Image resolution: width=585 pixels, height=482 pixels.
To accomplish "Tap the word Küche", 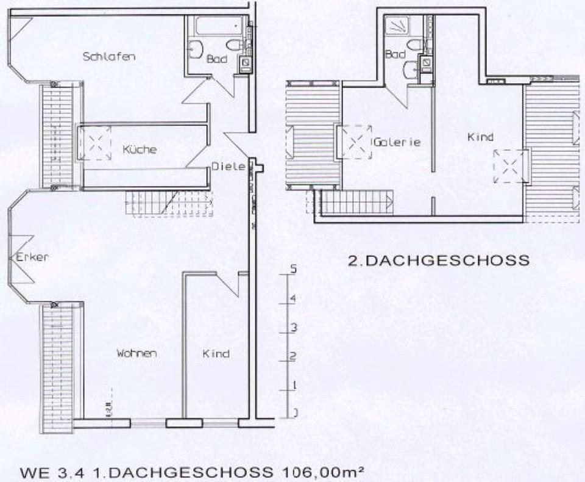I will [x=139, y=149].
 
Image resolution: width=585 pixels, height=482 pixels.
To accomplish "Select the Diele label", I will [x=229, y=166].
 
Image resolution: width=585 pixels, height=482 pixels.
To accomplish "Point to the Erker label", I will [x=32, y=257].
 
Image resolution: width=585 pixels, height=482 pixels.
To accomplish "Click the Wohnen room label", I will [x=138, y=353].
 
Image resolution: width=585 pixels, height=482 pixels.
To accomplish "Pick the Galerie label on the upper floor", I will [x=398, y=142].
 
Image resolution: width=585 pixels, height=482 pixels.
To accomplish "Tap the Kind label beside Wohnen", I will [x=216, y=353].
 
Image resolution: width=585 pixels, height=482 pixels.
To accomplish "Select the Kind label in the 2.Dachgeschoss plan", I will [x=480, y=137].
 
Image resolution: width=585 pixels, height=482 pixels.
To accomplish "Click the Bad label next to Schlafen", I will [x=216, y=59].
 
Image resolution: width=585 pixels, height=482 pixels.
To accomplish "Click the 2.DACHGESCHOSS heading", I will [x=438, y=261].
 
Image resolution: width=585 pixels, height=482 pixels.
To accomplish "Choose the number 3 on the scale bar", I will [x=293, y=328].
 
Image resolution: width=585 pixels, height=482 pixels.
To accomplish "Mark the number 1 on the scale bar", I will [x=293, y=384].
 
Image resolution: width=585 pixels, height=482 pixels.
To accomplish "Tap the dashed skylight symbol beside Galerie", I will [x=355, y=142].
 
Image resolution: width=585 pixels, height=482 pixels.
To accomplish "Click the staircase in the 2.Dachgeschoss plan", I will [x=356, y=203].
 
